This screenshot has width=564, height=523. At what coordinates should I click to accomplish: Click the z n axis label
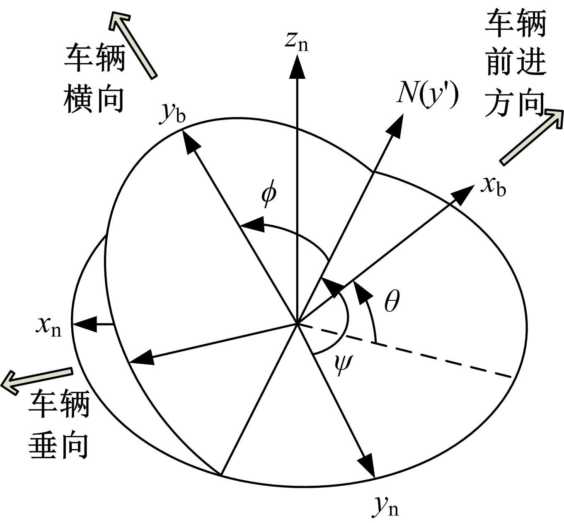click(296, 43)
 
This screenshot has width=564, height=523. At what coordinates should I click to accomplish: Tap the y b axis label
click(173, 113)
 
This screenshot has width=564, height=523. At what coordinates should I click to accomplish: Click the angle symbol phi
click(269, 194)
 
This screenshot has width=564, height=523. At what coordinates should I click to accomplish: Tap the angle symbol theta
click(392, 301)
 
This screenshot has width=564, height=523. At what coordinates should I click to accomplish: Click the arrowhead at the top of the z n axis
click(297, 67)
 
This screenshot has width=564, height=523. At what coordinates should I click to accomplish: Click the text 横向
click(94, 100)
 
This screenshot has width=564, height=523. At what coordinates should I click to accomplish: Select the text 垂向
click(58, 446)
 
